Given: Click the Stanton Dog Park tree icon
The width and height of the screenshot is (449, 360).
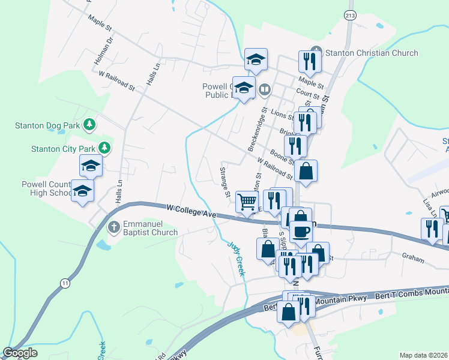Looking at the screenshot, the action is (89, 125).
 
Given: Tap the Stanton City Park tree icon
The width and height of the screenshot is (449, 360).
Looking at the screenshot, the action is (104, 147).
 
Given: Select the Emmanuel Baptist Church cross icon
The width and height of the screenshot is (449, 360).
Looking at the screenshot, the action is (113, 227).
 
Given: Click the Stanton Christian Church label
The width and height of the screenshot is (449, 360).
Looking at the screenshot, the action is (371, 53).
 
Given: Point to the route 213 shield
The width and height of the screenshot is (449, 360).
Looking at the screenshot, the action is (350, 15).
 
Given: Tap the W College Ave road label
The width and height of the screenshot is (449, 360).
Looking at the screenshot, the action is (191, 210).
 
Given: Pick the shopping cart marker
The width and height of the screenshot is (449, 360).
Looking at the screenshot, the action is (247, 202).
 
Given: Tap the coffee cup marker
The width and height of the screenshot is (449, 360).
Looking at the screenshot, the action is (301, 230).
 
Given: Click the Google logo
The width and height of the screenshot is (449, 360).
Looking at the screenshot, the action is (20, 353).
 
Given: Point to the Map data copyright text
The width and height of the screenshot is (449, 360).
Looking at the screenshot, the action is (423, 355).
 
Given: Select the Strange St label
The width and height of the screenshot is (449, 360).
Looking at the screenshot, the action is (225, 182).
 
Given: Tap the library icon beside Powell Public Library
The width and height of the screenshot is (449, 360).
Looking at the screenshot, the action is (265, 90).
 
